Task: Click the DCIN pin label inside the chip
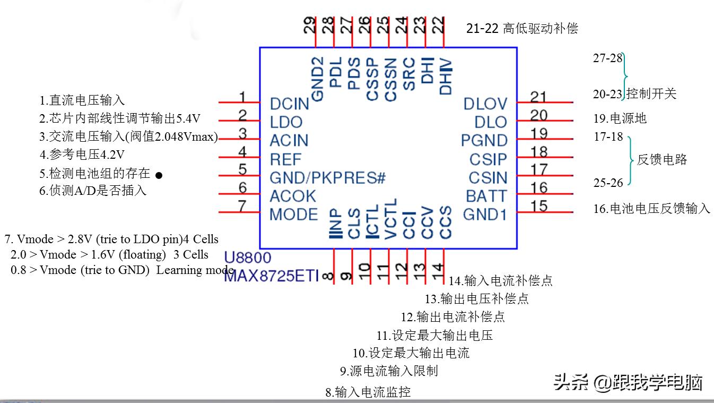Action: (x=289, y=104)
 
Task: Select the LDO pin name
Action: (x=286, y=122)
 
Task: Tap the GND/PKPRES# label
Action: (x=327, y=178)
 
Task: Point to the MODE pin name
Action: (x=294, y=215)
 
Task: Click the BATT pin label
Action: (x=486, y=196)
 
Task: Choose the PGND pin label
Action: (x=484, y=141)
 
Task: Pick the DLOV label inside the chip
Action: (x=485, y=104)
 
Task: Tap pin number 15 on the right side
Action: (x=539, y=206)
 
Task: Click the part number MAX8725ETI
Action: (x=271, y=276)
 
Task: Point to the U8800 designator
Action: (x=247, y=259)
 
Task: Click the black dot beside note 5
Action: (x=159, y=175)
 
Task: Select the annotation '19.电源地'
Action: (x=620, y=118)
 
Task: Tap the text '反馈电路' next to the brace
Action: (x=661, y=159)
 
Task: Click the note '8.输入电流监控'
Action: (x=368, y=392)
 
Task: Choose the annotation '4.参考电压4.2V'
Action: (x=82, y=155)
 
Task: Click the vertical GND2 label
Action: (x=317, y=79)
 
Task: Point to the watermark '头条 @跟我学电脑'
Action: (x=629, y=382)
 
